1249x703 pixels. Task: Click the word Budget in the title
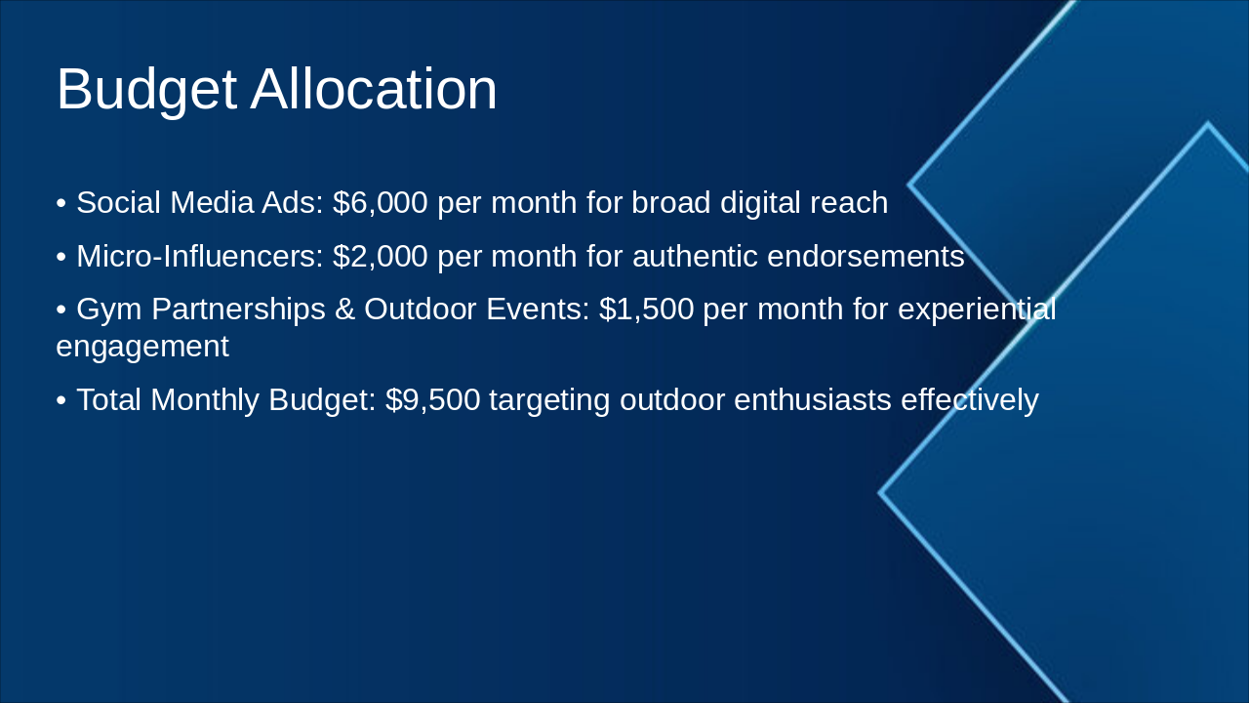click(x=146, y=90)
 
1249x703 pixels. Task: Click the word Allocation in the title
click(x=374, y=90)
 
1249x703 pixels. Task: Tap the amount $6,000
click(x=380, y=203)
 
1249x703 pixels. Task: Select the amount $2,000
click(x=380, y=257)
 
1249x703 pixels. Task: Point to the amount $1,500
click(x=646, y=310)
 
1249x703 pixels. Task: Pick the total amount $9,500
click(x=432, y=399)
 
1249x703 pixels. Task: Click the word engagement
click(x=142, y=347)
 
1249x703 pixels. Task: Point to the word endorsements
click(x=866, y=257)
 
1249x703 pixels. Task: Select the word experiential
click(x=977, y=310)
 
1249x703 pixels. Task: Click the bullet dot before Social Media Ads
click(x=61, y=204)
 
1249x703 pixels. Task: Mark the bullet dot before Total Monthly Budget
click(x=61, y=400)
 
